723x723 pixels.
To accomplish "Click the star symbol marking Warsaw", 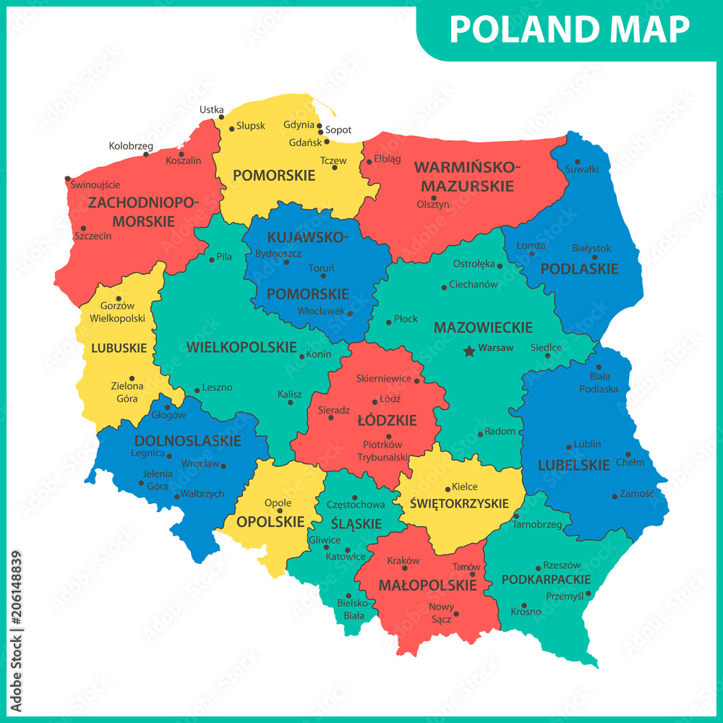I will click(x=469, y=351).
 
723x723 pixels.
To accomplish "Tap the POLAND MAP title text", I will click(x=569, y=30).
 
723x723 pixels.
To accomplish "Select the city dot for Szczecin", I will click(x=83, y=228).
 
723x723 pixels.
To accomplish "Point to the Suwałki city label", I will click(x=582, y=169).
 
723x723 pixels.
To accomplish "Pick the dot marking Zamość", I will click(x=615, y=496).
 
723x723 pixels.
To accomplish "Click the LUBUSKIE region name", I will click(x=119, y=348).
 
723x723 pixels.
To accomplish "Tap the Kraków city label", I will click(x=403, y=560).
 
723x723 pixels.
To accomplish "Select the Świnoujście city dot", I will click(x=67, y=179).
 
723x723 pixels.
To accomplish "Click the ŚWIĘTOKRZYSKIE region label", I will click(x=460, y=503).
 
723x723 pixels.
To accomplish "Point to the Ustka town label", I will click(x=211, y=110).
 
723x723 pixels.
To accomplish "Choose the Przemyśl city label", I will click(x=565, y=596).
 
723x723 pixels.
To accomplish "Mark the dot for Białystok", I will click(x=595, y=257).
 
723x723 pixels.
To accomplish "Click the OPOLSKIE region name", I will click(x=270, y=521).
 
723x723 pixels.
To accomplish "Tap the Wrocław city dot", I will click(x=223, y=466).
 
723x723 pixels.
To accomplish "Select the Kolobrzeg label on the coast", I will click(x=131, y=146).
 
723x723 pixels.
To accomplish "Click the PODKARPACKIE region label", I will click(x=546, y=580).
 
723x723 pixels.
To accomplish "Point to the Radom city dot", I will click(x=480, y=434).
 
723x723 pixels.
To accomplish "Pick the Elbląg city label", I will click(x=388, y=159).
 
